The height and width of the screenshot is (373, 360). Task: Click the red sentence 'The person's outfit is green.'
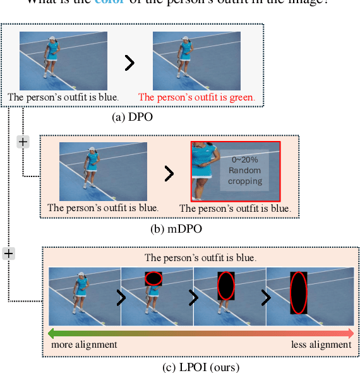(196, 97)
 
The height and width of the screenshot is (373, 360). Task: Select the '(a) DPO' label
(131, 116)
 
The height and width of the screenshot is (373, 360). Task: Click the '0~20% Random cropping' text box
(245, 171)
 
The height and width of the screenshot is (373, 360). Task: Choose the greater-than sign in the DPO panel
(129, 63)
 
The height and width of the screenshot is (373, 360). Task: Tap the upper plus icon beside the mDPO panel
(23, 142)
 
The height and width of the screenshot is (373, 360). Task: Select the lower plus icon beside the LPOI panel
(8, 253)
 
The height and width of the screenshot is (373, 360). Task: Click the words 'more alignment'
(83, 345)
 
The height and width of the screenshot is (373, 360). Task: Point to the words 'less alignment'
(321, 345)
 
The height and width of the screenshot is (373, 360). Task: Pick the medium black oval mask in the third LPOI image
(226, 286)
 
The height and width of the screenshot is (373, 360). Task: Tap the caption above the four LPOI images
(200, 257)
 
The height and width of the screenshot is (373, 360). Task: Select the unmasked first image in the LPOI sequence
(84, 291)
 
